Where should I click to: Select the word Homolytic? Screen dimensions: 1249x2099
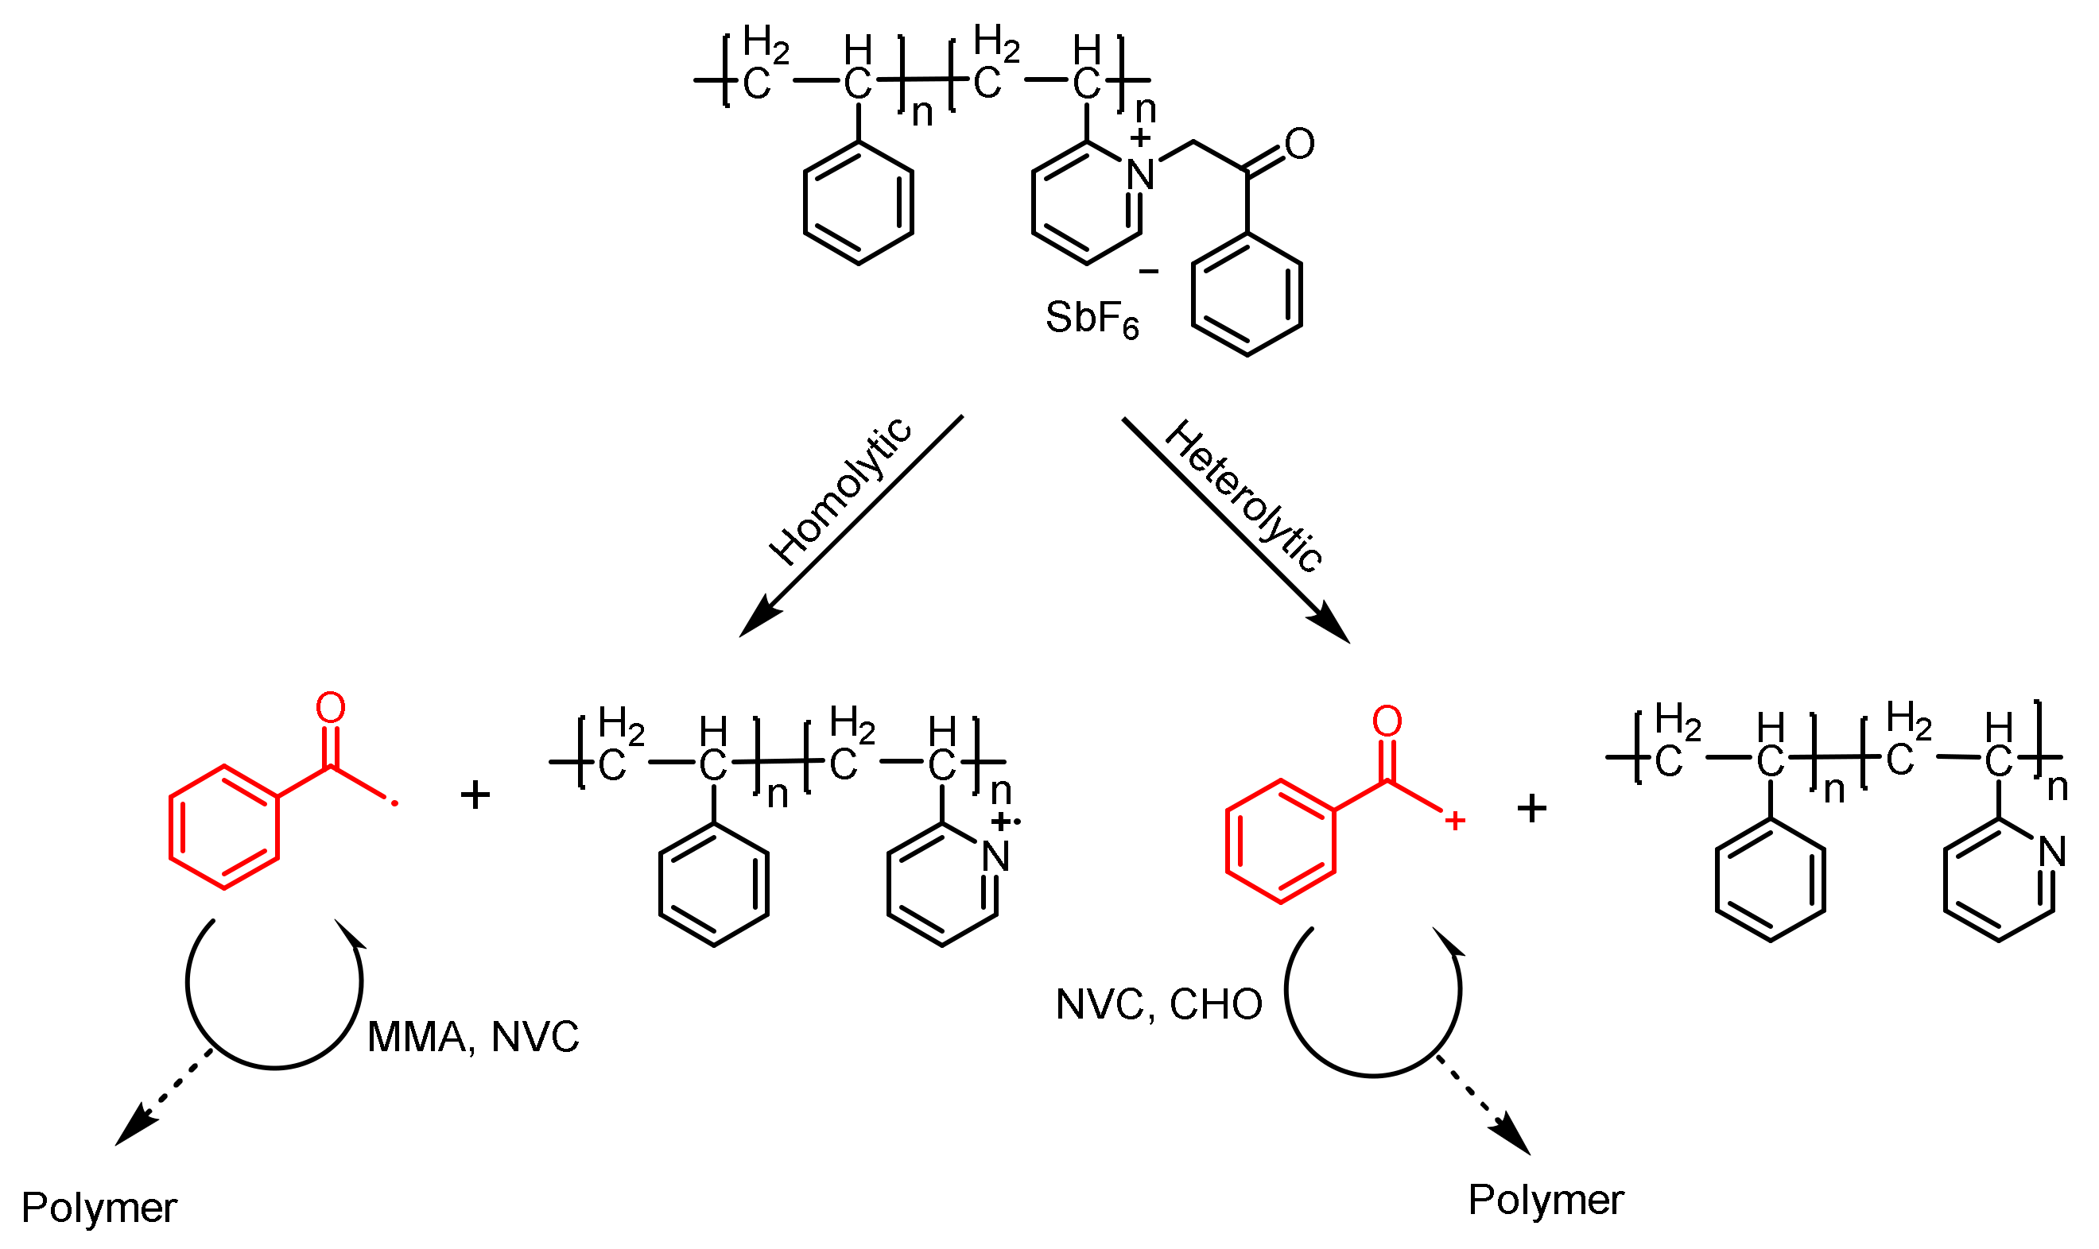point(840,493)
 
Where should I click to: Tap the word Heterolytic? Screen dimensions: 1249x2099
point(1243,497)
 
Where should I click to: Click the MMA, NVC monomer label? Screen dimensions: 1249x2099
point(473,1037)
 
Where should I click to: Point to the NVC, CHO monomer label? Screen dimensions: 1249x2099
point(1158,1004)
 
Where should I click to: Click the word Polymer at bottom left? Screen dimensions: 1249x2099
point(99,1208)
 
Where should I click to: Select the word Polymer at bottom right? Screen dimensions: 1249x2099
point(1546,1201)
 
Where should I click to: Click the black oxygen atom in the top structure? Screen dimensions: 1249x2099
point(1299,144)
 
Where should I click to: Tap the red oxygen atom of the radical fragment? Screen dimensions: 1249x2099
point(331,708)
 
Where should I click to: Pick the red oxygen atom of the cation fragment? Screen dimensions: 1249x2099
point(1387,721)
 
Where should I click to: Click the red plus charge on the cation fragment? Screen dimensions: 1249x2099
point(1455,821)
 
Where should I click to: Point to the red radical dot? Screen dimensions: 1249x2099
point(395,805)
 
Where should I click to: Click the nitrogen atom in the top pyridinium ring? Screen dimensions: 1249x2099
point(1140,175)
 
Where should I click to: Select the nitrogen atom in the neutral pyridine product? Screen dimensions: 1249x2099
point(2054,853)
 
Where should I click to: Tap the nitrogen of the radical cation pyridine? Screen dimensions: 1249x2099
point(996,857)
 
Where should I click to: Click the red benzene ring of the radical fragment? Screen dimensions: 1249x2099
point(224,827)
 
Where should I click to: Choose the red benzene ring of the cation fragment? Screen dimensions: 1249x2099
point(1281,841)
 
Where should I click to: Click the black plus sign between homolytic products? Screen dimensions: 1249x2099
point(475,795)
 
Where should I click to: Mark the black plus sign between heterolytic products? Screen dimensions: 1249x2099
point(1531,809)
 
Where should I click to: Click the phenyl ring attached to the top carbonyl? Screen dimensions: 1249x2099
point(1247,295)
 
